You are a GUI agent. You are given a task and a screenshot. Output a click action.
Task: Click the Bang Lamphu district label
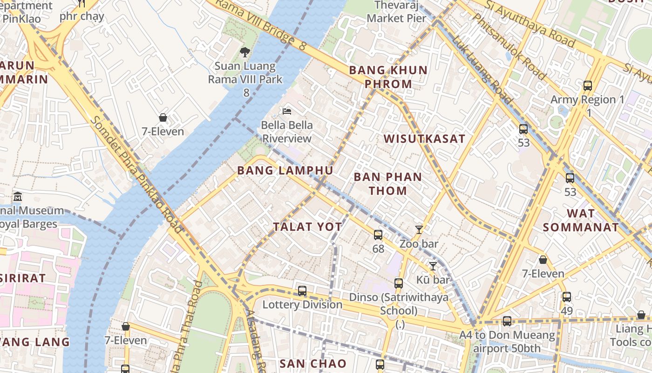click(285, 171)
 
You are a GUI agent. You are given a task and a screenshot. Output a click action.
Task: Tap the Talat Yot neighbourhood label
click(307, 227)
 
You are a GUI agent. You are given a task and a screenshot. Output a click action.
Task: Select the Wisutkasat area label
click(424, 138)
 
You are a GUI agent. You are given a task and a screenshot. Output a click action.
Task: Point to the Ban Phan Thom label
click(387, 184)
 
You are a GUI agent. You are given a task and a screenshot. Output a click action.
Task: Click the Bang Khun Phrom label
click(388, 77)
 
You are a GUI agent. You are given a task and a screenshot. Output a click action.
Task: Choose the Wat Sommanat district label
click(581, 221)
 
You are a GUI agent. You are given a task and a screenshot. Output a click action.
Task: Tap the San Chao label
click(313, 364)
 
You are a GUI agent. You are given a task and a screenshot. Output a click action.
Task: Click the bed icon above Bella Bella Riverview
click(287, 111)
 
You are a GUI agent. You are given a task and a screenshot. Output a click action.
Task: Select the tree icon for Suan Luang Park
click(244, 52)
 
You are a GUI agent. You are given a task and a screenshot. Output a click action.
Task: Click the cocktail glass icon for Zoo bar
click(419, 229)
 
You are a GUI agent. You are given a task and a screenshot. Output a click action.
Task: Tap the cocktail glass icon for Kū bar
click(433, 266)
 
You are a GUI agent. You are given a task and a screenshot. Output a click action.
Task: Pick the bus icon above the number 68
click(378, 235)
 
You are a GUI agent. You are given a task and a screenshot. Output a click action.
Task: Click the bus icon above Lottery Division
click(302, 291)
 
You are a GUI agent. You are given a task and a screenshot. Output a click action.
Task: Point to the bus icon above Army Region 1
click(588, 86)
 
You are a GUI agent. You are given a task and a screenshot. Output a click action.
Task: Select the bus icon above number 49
click(567, 297)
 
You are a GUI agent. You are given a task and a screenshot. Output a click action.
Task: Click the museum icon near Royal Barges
click(18, 196)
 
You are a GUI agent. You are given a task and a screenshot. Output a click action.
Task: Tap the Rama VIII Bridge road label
click(254, 23)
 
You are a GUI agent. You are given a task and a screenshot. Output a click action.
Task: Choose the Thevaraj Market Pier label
click(396, 12)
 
